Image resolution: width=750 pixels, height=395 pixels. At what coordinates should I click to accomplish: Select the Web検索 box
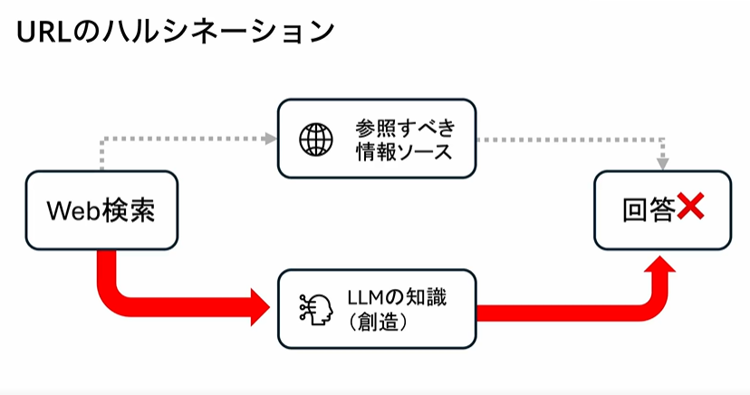pos(101,211)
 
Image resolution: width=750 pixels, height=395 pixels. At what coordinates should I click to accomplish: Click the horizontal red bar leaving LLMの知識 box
pos(562,313)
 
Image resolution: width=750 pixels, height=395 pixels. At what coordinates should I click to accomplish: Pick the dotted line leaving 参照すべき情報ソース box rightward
pos(571,140)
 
